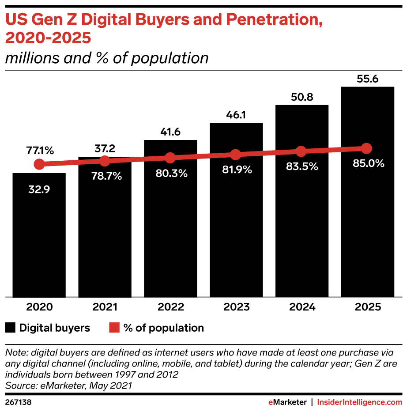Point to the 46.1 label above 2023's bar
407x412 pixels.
pos(236,115)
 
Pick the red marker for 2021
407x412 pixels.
pos(105,161)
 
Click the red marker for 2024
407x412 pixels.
pos(301,151)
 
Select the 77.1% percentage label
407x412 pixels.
pos(39,151)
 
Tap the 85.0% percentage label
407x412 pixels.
pos(368,163)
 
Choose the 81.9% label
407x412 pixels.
pos(237,170)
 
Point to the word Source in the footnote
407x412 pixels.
pos(19,386)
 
